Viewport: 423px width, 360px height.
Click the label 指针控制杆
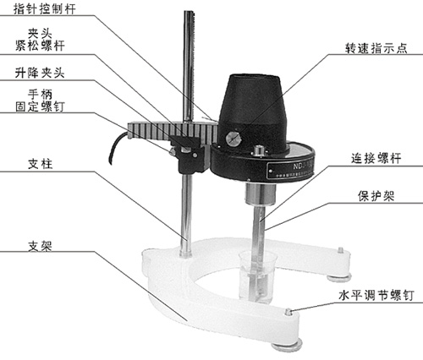click(x=45, y=8)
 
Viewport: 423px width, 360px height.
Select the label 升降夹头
click(x=40, y=74)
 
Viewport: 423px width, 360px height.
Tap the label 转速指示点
click(x=376, y=48)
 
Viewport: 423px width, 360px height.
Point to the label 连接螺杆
click(x=376, y=158)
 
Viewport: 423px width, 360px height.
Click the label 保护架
click(x=376, y=196)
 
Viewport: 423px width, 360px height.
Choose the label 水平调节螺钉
click(x=376, y=296)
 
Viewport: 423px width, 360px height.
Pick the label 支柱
click(x=40, y=164)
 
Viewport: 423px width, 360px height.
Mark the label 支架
click(x=40, y=246)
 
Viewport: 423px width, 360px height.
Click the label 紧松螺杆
click(x=40, y=46)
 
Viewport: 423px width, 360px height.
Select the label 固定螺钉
click(x=40, y=106)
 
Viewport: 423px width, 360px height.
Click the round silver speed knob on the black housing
click(x=233, y=139)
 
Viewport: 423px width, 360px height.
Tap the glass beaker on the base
click(x=257, y=277)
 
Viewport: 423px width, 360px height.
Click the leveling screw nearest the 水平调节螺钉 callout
click(x=288, y=312)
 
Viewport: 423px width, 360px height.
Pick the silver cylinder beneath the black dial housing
click(x=260, y=194)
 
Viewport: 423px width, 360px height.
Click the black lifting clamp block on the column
click(x=192, y=155)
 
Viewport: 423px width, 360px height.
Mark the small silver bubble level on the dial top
click(x=259, y=150)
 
